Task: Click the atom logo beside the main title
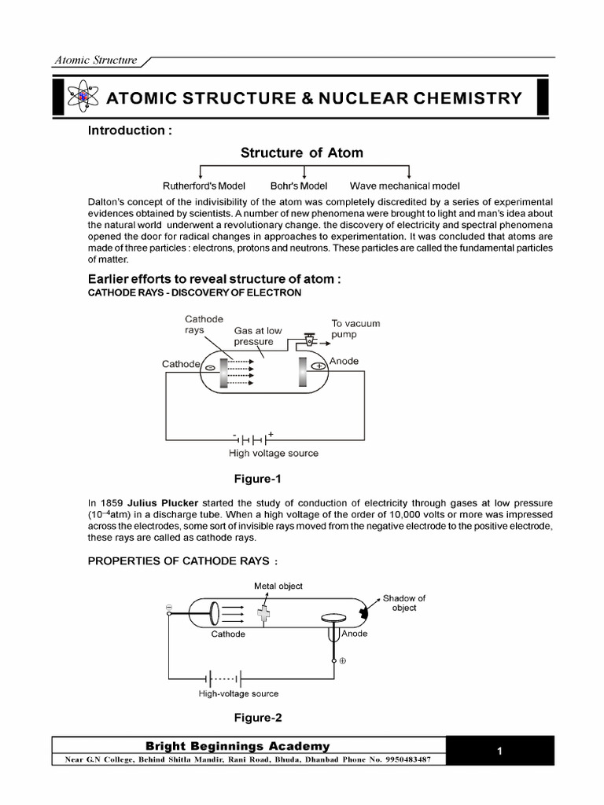83,97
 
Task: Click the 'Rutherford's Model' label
204,186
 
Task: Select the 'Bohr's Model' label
298,186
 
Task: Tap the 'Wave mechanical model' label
404,186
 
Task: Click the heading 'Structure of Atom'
302,153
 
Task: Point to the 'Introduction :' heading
130,130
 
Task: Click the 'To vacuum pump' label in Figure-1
355,329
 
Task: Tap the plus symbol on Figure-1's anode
319,366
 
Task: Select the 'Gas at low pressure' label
257,336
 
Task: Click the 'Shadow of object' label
404,603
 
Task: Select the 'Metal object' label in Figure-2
278,586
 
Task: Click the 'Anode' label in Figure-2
354,633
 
